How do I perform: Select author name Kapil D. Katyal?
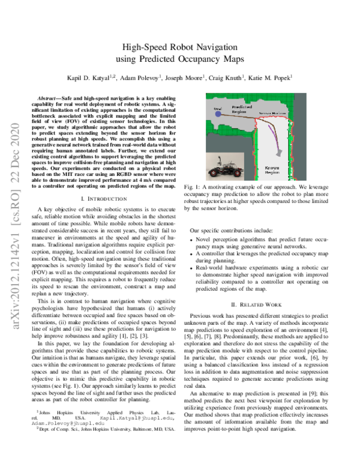pos(85,77)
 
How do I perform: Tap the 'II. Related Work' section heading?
pos(262,304)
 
